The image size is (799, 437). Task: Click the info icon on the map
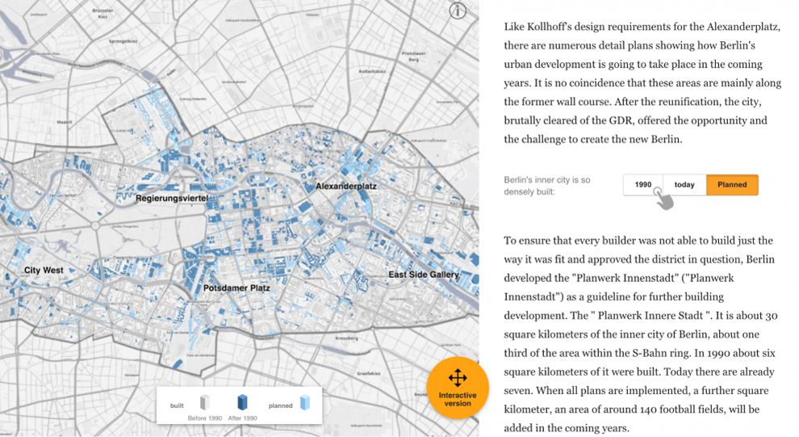point(458,11)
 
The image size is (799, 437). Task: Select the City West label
point(44,270)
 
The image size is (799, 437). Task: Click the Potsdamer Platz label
point(236,288)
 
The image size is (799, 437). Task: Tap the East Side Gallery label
point(423,275)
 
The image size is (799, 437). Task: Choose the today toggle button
point(684,185)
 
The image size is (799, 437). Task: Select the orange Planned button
point(732,185)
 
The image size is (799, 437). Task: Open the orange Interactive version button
point(458,387)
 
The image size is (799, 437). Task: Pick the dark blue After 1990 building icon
point(241,401)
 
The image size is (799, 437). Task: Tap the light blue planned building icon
point(304,402)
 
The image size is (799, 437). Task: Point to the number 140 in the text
point(677,410)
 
